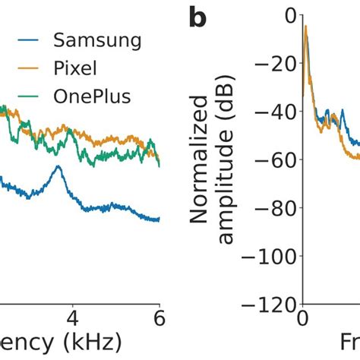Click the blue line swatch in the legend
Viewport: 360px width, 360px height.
20,39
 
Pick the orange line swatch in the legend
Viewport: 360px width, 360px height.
20,68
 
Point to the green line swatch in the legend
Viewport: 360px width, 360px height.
20,97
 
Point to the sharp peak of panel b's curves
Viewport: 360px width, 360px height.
306,27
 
